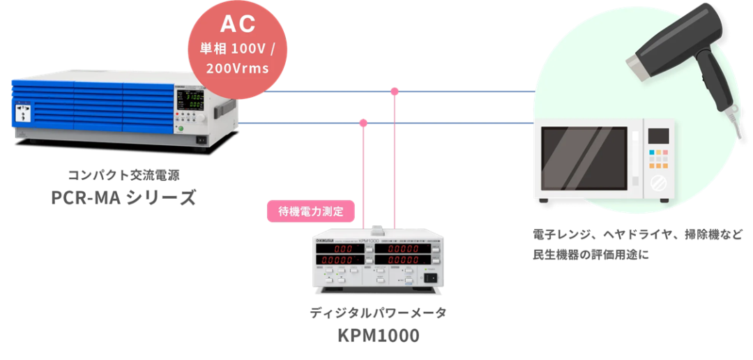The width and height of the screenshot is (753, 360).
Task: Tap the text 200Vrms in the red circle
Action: (238, 70)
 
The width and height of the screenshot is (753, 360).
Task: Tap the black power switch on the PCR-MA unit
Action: (202, 139)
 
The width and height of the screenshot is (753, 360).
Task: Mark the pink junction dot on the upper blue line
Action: (395, 91)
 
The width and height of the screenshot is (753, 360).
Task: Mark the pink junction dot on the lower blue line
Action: (363, 123)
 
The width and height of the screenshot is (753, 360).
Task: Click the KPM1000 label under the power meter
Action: (378, 336)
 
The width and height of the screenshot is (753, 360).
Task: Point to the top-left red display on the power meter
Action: (346, 249)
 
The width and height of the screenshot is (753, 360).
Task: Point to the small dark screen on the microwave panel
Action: (659, 135)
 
